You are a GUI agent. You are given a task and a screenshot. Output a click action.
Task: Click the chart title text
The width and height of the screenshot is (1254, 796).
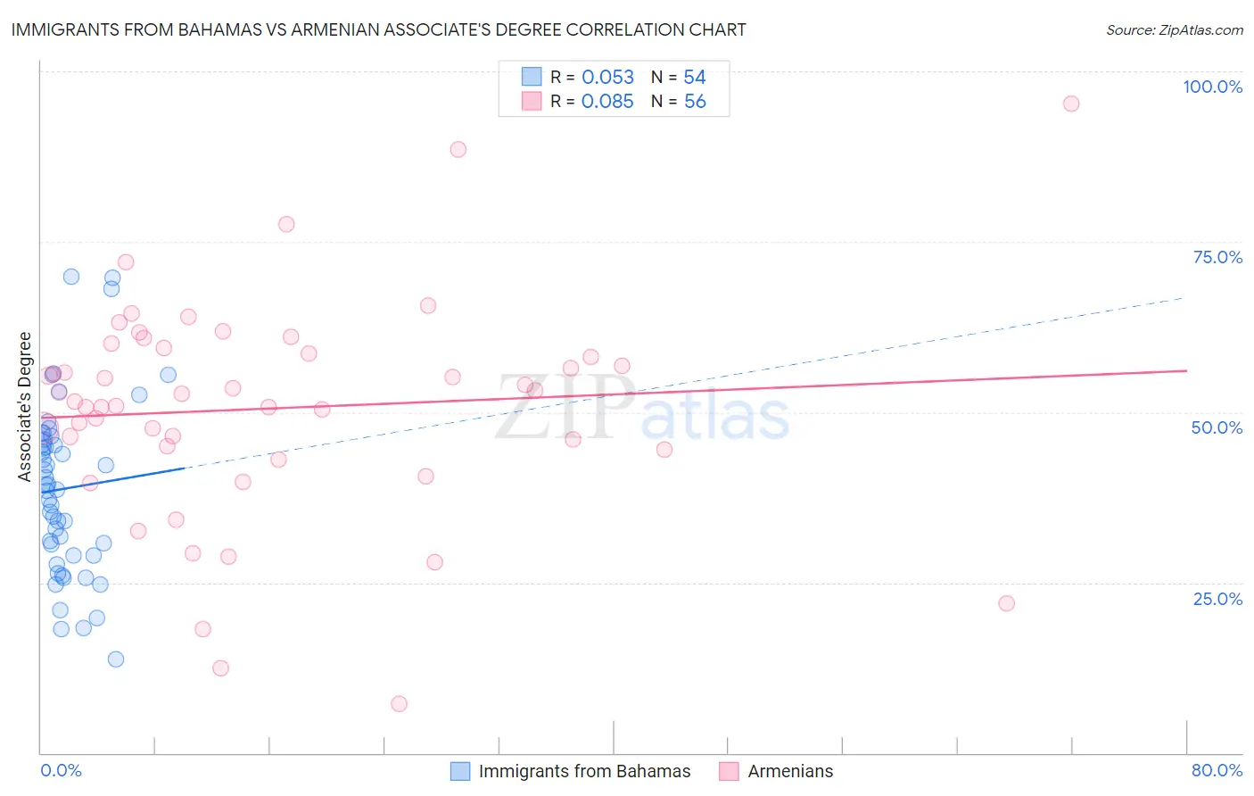click(x=378, y=29)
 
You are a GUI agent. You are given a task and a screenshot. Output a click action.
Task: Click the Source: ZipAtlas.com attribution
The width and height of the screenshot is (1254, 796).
click(x=1174, y=29)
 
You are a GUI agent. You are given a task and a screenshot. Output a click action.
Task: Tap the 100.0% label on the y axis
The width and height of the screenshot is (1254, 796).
click(x=1212, y=87)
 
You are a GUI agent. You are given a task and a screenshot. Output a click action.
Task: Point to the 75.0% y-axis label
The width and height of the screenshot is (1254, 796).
click(x=1217, y=257)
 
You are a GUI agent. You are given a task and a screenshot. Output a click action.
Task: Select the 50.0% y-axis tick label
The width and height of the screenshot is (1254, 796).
click(x=1217, y=427)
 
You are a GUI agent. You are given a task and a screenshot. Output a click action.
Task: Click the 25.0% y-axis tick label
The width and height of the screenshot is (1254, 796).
click(x=1217, y=599)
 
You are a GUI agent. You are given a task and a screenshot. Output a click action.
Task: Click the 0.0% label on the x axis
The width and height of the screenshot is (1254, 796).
click(x=61, y=770)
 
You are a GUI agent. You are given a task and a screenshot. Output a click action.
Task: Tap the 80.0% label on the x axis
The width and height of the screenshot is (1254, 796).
click(x=1217, y=770)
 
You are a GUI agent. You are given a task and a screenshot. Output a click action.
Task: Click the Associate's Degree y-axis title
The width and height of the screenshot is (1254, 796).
click(x=25, y=406)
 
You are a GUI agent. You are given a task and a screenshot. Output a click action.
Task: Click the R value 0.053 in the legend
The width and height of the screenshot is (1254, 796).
click(x=607, y=78)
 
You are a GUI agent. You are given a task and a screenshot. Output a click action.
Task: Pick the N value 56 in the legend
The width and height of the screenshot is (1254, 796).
click(x=695, y=102)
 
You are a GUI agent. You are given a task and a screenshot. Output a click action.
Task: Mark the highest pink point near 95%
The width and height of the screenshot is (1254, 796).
click(x=1071, y=104)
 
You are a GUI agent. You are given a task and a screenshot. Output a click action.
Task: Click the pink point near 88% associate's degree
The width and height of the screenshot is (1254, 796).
click(x=458, y=149)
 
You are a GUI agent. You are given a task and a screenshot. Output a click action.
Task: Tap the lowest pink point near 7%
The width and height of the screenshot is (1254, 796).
click(x=399, y=704)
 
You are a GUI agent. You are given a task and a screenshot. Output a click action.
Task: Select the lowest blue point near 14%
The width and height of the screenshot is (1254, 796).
click(x=116, y=659)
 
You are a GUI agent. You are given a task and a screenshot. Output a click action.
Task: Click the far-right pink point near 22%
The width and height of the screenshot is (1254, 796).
click(x=1006, y=603)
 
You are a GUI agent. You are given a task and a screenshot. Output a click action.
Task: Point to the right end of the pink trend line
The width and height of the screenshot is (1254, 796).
click(x=1186, y=370)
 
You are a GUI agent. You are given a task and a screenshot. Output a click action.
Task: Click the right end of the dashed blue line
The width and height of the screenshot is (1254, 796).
click(x=1183, y=298)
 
